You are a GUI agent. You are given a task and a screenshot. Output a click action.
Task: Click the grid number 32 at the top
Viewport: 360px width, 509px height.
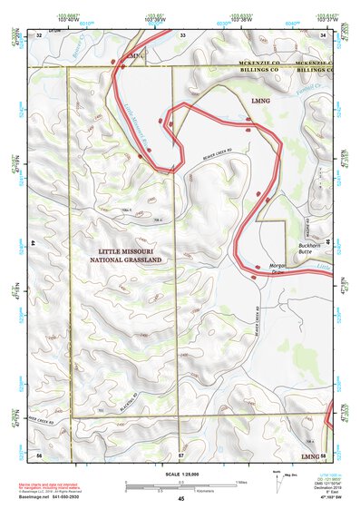pos(39,34)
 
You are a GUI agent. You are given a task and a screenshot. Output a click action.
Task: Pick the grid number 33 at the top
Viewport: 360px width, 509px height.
pos(182,34)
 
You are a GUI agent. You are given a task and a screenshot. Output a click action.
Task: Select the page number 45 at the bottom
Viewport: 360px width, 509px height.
pos(180,499)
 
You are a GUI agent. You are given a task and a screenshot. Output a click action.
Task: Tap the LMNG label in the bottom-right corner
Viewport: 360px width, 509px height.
pos(310,455)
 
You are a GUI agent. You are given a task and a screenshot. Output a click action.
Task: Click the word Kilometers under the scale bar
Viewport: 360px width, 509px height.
pos(215,490)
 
